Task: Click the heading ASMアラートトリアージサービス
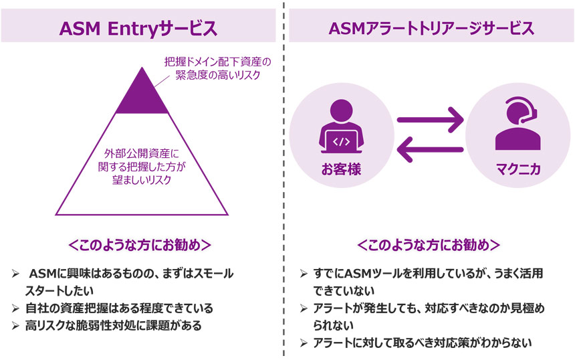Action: click(431, 29)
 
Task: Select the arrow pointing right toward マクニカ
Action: click(431, 120)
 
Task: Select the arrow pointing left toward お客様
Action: click(431, 152)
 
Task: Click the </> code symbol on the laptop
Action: click(341, 142)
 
